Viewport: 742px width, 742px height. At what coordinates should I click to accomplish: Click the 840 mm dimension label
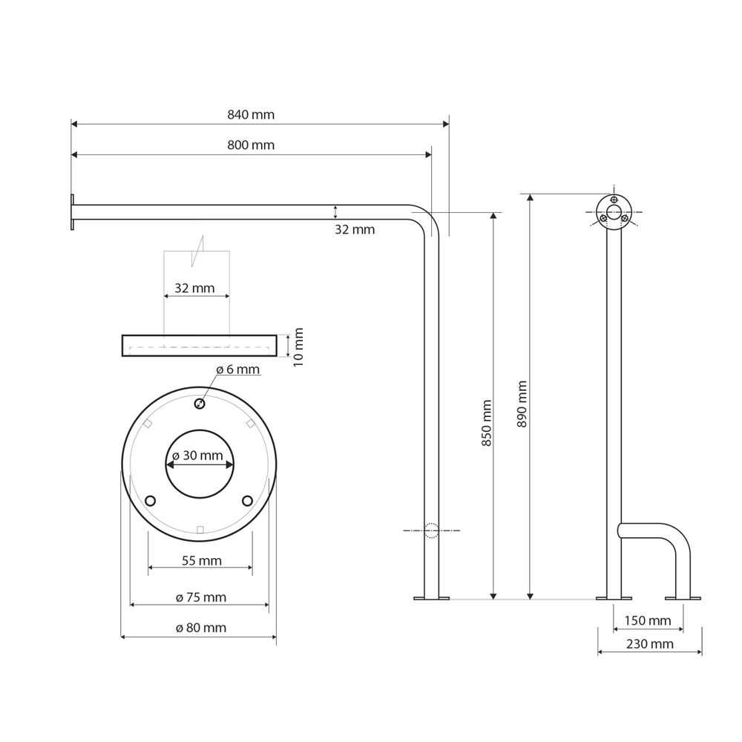click(x=251, y=115)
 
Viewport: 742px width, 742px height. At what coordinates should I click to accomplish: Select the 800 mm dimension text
click(x=251, y=145)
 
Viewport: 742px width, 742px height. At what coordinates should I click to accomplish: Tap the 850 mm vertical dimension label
click(x=487, y=423)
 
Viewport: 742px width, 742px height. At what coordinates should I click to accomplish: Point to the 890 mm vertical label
click(x=522, y=404)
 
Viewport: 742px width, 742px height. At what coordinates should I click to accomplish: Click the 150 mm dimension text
click(x=647, y=620)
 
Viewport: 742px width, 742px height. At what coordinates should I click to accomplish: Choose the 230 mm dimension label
click(x=650, y=644)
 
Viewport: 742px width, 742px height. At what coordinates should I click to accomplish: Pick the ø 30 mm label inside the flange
click(x=197, y=456)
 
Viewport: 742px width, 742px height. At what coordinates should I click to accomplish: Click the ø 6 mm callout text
click(x=237, y=370)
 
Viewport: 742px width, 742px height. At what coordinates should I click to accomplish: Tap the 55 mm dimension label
click(x=202, y=561)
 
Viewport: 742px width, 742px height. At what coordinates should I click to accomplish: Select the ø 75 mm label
click(x=201, y=597)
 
